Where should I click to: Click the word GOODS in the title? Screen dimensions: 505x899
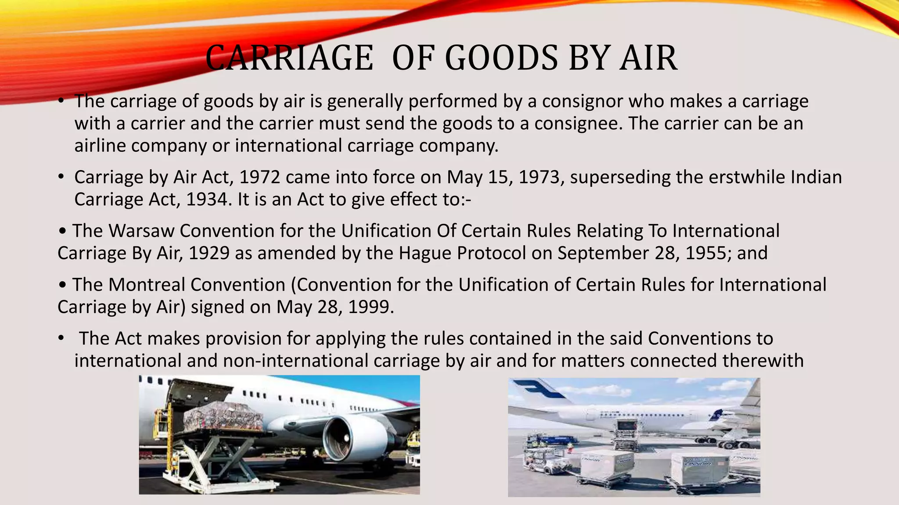(501, 58)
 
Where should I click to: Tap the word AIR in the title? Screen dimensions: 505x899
(648, 58)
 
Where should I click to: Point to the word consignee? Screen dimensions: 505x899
(578, 124)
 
